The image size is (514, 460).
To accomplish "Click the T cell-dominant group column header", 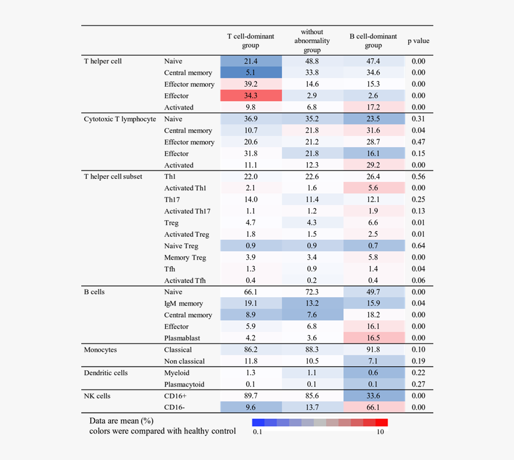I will coord(250,41).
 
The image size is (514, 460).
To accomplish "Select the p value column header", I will coord(418,41).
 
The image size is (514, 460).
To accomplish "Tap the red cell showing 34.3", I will coord(250,96).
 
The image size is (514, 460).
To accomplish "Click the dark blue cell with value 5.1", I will coord(250,72).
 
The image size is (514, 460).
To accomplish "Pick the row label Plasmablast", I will coord(182,338).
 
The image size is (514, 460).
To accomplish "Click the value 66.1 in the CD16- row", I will coord(373,407).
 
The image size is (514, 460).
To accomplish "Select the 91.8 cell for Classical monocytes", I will coord(373,349).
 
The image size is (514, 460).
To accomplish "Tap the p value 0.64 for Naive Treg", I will coord(418,246).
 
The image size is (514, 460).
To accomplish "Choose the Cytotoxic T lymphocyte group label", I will coord(120,119).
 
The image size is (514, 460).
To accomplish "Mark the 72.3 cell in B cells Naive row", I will coord(312,292).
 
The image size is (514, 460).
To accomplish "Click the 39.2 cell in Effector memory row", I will coord(250,84).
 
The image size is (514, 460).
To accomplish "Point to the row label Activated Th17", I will coord(187,211).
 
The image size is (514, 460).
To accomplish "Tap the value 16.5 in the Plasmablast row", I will coord(373,338).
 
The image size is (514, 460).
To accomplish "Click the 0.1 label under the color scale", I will coord(258,432).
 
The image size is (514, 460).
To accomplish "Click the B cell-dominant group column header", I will coord(373,41).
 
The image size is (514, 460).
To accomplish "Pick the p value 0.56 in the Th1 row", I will coord(418,176).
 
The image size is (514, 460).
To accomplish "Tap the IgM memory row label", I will coord(183,303).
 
